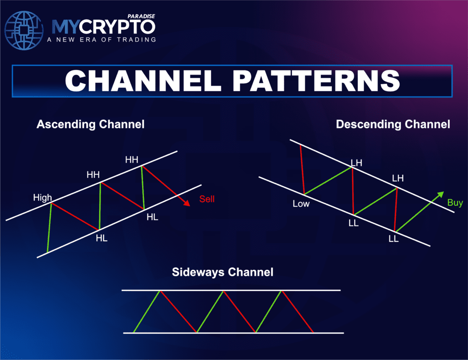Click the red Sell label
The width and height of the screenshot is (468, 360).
pos(207,199)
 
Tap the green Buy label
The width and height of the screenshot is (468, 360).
pos(455,203)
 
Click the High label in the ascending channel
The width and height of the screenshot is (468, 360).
pos(43,198)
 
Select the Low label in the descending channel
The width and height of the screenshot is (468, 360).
pos(301,204)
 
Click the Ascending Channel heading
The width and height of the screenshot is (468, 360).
pos(90,124)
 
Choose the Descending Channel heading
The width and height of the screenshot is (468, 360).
pos(393,124)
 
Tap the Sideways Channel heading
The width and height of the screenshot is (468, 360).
pos(223,272)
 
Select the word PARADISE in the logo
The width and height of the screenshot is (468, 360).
pos(142,16)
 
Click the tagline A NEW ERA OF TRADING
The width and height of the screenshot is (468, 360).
pos(101,39)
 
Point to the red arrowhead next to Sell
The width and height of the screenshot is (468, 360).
pos(187,203)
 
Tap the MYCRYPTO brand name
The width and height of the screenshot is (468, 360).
pos(103,27)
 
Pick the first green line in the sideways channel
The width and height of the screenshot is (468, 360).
pos(146,311)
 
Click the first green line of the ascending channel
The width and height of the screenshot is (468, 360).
pos(49,228)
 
